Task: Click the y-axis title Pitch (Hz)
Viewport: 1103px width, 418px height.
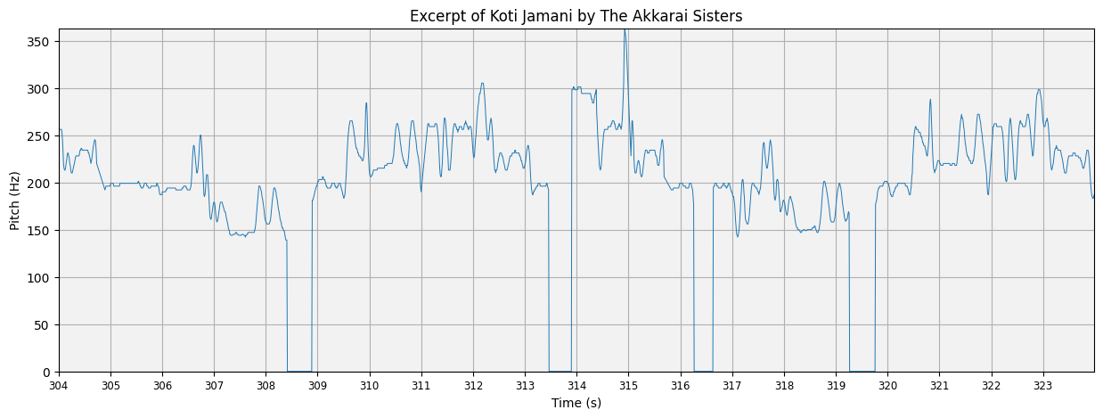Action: (x=15, y=200)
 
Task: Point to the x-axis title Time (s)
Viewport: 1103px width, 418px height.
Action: (x=576, y=403)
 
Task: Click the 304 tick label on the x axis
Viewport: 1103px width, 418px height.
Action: (x=59, y=386)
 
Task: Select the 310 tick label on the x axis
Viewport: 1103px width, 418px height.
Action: (x=370, y=386)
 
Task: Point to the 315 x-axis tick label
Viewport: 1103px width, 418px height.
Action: (x=628, y=386)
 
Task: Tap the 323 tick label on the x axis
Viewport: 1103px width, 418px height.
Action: (x=1042, y=386)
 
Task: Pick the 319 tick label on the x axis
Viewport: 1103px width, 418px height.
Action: (x=836, y=386)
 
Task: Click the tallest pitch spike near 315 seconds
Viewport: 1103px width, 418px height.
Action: (x=625, y=32)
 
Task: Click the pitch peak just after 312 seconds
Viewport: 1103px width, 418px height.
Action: (x=482, y=85)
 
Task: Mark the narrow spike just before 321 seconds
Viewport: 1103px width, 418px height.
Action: (x=930, y=100)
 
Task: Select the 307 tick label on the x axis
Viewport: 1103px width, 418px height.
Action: (x=214, y=386)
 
